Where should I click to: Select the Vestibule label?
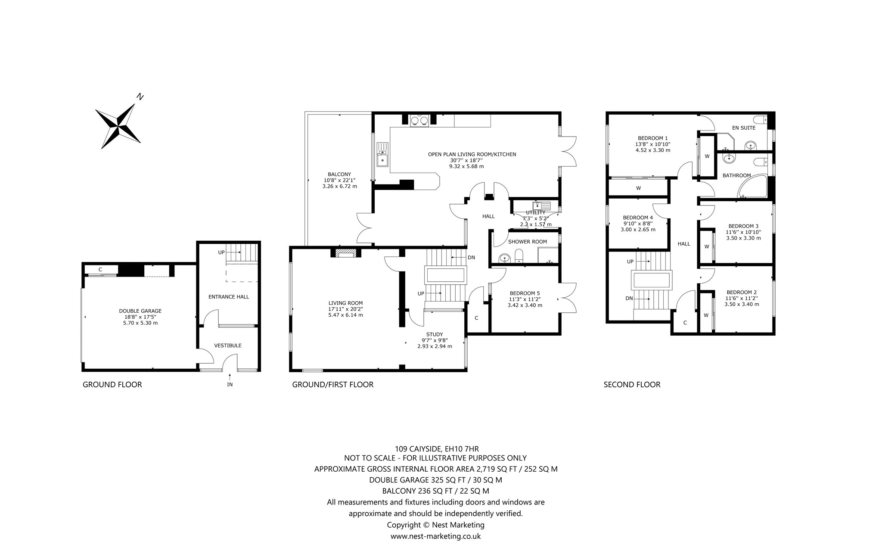point(228,346)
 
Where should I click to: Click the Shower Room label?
point(528,242)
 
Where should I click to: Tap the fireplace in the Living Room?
point(343,254)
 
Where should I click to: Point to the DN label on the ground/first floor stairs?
point(472,258)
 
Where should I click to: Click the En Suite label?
point(744,128)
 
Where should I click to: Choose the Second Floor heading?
point(632,385)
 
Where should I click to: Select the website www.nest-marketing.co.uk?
point(435,536)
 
